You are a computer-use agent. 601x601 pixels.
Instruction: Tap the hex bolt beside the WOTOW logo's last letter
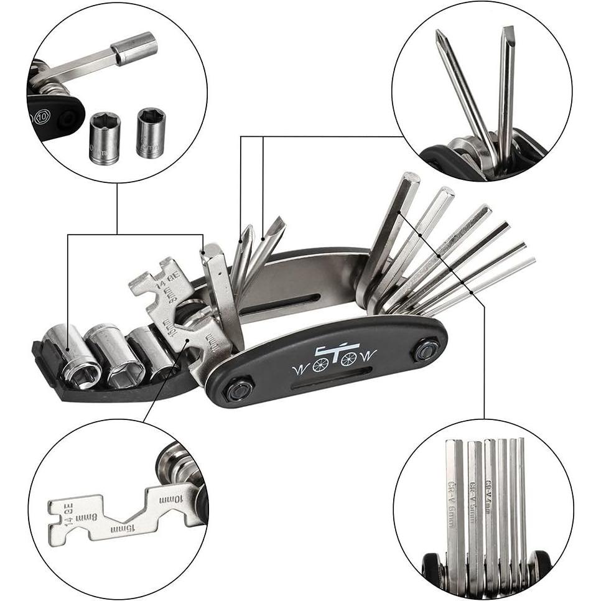[x=426, y=350]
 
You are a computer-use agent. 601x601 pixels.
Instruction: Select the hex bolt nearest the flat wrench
[x=238, y=390]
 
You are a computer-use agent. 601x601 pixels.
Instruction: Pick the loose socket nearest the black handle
[x=104, y=137]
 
